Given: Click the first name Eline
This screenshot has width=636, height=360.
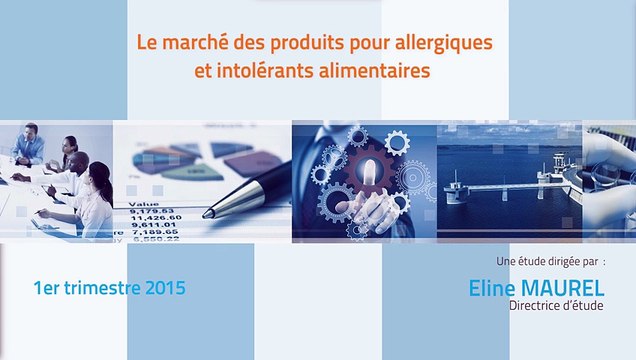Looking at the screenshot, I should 493,287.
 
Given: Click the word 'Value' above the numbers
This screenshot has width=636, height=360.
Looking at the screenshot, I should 141,201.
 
